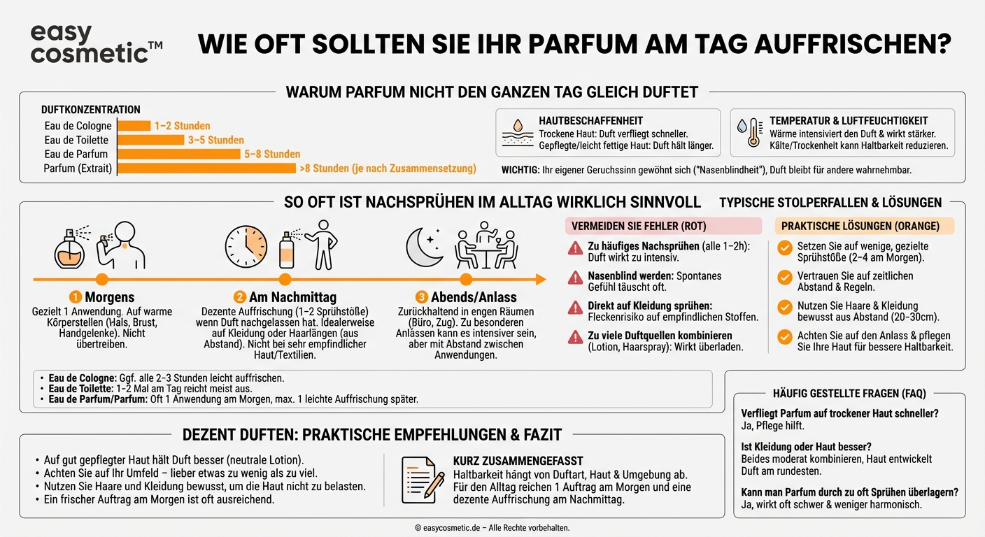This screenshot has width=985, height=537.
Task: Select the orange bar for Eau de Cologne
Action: [x=134, y=126]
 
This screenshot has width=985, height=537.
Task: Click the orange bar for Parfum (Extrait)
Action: [x=206, y=169]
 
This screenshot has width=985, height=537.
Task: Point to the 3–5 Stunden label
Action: [x=216, y=140]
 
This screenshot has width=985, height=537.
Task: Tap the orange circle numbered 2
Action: [x=240, y=297]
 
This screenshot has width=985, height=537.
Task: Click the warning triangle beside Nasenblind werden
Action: [x=575, y=278]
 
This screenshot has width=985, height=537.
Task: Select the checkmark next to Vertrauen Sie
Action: [x=785, y=278]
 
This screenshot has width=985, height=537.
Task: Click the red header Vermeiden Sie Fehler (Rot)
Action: [x=663, y=226]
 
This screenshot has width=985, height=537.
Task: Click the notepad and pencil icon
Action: [x=423, y=480]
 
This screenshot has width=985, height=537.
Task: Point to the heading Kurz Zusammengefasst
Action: [x=518, y=461]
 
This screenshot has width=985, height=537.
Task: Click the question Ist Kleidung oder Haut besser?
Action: [x=806, y=446]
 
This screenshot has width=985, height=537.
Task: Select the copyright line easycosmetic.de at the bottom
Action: [x=492, y=528]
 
